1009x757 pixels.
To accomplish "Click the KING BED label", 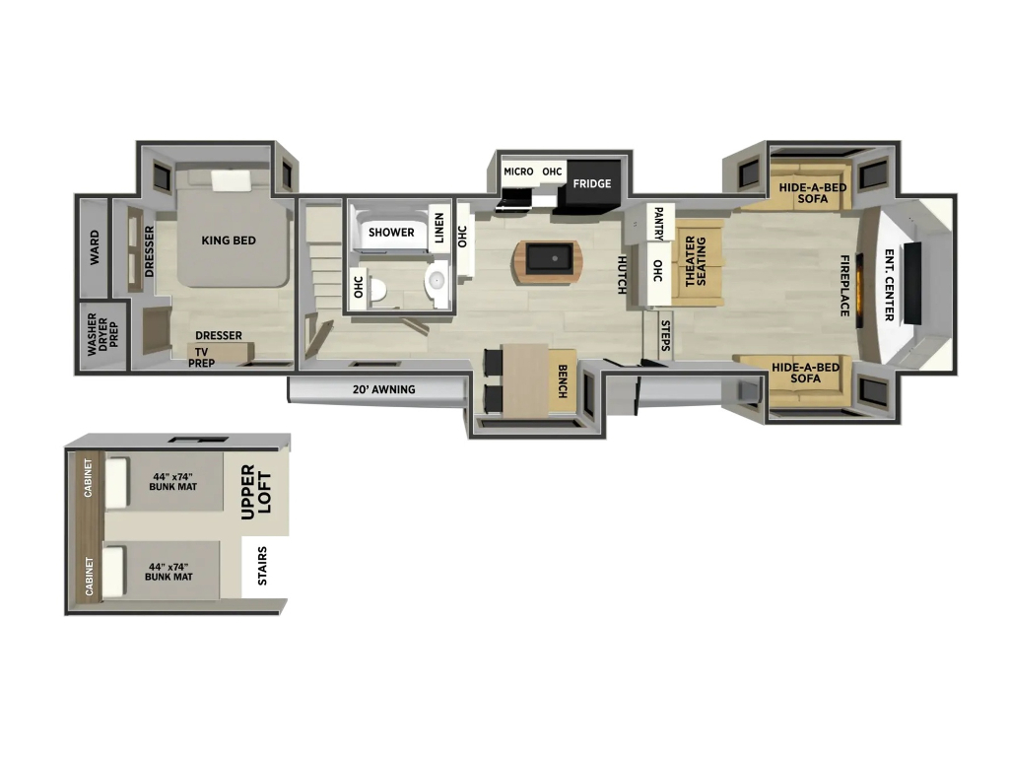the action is pyautogui.click(x=229, y=241).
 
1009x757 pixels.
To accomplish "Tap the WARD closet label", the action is pyautogui.click(x=95, y=247).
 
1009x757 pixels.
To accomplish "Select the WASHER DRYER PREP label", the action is pyautogui.click(x=102, y=334).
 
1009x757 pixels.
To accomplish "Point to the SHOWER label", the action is pyautogui.click(x=391, y=232).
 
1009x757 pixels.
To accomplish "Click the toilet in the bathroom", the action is pyautogui.click(x=377, y=291).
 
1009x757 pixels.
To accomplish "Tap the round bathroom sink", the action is pyautogui.click(x=437, y=281).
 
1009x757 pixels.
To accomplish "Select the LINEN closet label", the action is pyautogui.click(x=439, y=228).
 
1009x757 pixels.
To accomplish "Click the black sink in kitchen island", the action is pyautogui.click(x=549, y=259).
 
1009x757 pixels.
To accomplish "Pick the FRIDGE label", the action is pyautogui.click(x=592, y=183).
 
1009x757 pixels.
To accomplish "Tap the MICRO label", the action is pyautogui.click(x=518, y=172).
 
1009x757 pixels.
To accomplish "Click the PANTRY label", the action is pyautogui.click(x=658, y=224).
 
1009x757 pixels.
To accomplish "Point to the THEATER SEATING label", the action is pyautogui.click(x=696, y=260).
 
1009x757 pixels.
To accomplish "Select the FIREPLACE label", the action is pyautogui.click(x=844, y=285).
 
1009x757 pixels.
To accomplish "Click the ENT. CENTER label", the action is pyautogui.click(x=890, y=285).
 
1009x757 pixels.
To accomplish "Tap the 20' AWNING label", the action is pyautogui.click(x=383, y=389).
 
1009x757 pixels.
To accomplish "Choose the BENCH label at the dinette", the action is pyautogui.click(x=563, y=381).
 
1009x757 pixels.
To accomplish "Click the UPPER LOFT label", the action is pyautogui.click(x=256, y=492).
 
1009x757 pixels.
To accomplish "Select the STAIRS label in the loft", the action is pyautogui.click(x=262, y=566).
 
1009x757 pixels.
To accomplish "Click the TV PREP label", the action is pyautogui.click(x=201, y=357).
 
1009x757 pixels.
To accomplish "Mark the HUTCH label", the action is pyautogui.click(x=623, y=275).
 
